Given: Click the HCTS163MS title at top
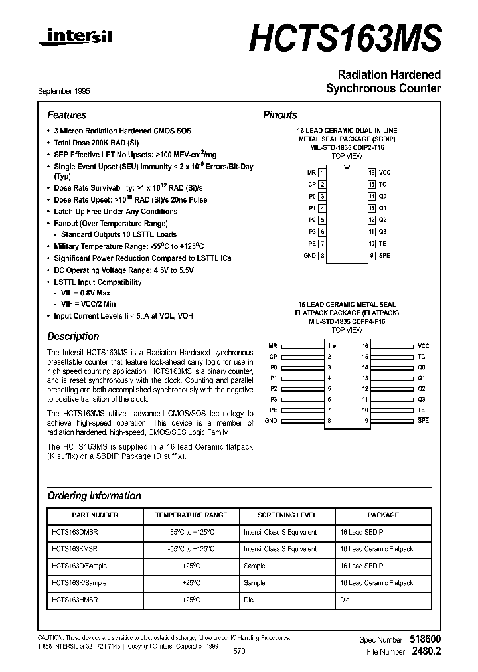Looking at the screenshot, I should [345, 38].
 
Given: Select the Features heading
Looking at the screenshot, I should [66, 115].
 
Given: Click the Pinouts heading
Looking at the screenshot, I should [280, 115].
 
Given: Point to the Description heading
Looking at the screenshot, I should [73, 336].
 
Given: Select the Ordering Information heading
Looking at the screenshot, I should [94, 496].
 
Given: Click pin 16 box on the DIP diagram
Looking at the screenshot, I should [372, 173].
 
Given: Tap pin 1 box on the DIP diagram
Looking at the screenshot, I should [322, 173].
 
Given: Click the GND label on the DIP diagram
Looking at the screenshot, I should [309, 256].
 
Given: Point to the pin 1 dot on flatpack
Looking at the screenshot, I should [334, 346].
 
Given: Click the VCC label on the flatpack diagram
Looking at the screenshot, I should [423, 346].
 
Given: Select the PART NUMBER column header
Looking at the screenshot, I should [95, 515].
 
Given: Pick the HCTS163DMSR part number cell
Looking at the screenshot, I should [74, 533].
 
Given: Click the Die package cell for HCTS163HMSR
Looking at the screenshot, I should [345, 600].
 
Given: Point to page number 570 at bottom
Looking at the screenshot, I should [239, 652].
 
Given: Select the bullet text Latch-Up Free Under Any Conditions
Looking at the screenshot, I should [116, 212].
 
